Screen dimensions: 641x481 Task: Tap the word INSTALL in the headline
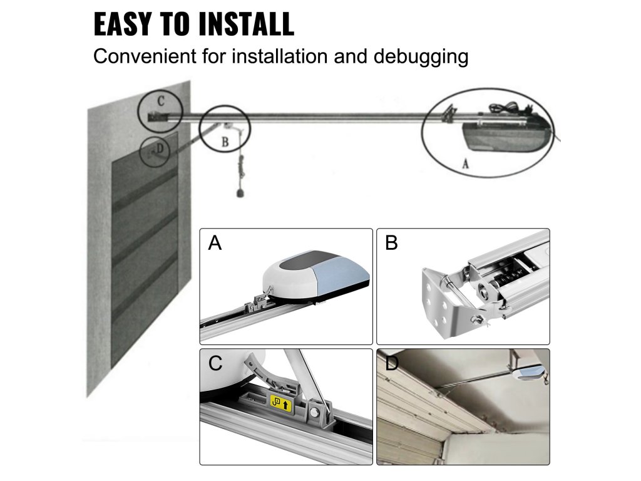pyautogui.click(x=246, y=24)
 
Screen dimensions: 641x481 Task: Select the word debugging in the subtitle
pyautogui.click(x=421, y=57)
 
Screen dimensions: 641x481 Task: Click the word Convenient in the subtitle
pyautogui.click(x=145, y=56)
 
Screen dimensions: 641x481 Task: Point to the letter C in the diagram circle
pyautogui.click(x=161, y=101)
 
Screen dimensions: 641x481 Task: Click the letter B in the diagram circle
pyautogui.click(x=225, y=142)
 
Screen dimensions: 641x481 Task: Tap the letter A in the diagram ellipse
pyautogui.click(x=465, y=164)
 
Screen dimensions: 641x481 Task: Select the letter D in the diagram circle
pyautogui.click(x=160, y=148)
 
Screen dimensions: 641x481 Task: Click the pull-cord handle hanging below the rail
pyautogui.click(x=241, y=193)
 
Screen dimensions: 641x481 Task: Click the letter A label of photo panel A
pyautogui.click(x=215, y=243)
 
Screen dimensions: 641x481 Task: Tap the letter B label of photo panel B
pyautogui.click(x=391, y=243)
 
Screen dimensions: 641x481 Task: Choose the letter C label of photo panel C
pyautogui.click(x=215, y=363)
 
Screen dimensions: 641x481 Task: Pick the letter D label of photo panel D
pyautogui.click(x=392, y=363)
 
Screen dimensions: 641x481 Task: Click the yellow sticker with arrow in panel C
pyautogui.click(x=280, y=404)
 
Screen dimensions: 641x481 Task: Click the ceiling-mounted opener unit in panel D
pyautogui.click(x=530, y=372)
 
